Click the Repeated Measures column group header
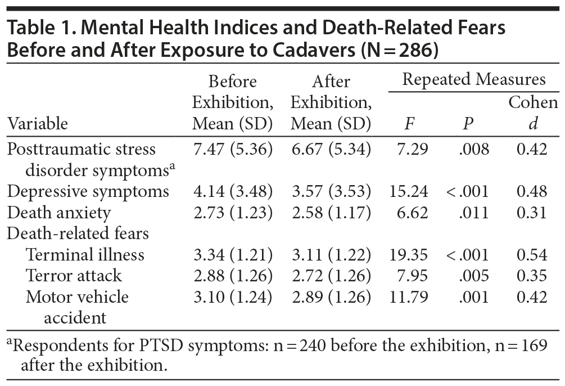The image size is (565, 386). point(474,79)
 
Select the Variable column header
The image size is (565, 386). point(38,123)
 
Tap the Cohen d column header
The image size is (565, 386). point(533,113)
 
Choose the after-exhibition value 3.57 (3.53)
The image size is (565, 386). point(331,191)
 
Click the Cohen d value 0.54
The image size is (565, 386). point(532,254)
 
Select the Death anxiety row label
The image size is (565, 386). point(59,213)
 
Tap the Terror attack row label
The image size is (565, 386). point(74,276)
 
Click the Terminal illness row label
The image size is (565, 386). point(85,254)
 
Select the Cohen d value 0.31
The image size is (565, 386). point(532,213)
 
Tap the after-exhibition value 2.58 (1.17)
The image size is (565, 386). point(331,213)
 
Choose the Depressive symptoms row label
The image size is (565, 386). point(88,191)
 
